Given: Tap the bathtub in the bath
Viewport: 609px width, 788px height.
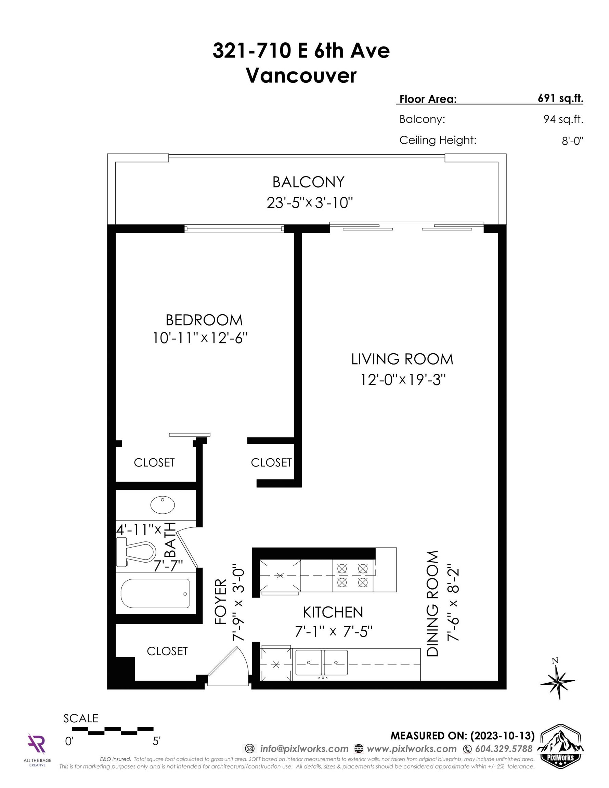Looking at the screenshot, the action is click(155, 593).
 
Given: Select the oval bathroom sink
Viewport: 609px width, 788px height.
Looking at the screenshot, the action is click(163, 505).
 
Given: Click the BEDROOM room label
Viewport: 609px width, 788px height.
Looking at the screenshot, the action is click(204, 320).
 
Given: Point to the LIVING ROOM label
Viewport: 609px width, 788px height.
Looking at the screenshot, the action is click(402, 359).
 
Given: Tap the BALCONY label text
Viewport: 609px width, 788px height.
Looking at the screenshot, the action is click(308, 182).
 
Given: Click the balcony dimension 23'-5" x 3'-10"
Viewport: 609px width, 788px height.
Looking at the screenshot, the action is click(309, 203).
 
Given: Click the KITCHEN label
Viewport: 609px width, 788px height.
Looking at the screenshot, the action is click(333, 612).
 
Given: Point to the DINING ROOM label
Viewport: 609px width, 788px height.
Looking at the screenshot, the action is click(432, 604).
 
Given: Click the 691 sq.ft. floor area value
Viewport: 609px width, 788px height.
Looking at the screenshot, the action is click(560, 98).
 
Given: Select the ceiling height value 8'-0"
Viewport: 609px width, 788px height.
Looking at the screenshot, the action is click(572, 141).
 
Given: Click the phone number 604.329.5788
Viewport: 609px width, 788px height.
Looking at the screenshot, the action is click(504, 749).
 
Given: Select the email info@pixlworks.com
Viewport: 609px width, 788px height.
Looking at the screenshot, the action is click(304, 749).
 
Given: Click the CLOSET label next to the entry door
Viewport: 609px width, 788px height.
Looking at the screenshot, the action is click(167, 651).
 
